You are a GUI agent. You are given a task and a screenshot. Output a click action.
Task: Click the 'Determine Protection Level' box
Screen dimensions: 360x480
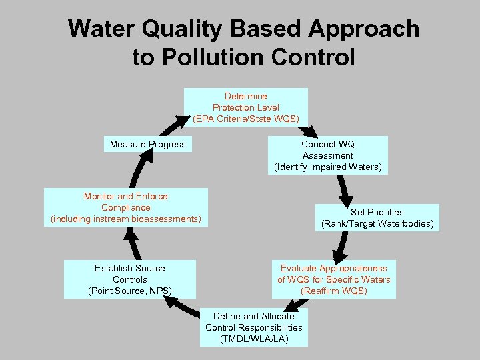246,107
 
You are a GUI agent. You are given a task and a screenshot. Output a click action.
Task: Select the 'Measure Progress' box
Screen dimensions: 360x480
148,144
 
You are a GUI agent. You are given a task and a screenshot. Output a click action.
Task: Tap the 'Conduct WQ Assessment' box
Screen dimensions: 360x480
328,155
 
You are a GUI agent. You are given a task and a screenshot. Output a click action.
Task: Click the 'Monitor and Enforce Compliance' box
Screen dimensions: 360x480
126,207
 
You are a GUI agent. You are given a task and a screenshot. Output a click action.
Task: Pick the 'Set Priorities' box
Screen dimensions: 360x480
377,218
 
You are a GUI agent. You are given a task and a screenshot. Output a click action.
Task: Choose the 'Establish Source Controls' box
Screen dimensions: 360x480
130,279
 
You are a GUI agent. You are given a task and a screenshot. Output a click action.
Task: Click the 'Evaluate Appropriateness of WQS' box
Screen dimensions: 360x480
333,279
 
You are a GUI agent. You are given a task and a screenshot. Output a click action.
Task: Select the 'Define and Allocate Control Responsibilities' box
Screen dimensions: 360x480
254,327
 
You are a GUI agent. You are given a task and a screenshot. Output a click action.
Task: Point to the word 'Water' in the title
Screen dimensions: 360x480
103,29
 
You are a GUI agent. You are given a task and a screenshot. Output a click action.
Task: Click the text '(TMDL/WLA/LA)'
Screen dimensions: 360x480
254,339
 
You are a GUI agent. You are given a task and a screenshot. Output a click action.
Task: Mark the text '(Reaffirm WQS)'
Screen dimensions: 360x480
333,291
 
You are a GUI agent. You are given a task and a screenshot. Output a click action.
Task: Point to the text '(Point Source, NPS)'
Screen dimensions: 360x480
130,291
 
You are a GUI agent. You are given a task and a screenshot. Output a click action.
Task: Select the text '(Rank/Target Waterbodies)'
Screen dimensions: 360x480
377,224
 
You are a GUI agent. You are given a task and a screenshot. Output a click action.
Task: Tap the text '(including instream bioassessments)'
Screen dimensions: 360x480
126,219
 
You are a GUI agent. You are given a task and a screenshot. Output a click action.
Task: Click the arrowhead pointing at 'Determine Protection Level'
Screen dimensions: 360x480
182,121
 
